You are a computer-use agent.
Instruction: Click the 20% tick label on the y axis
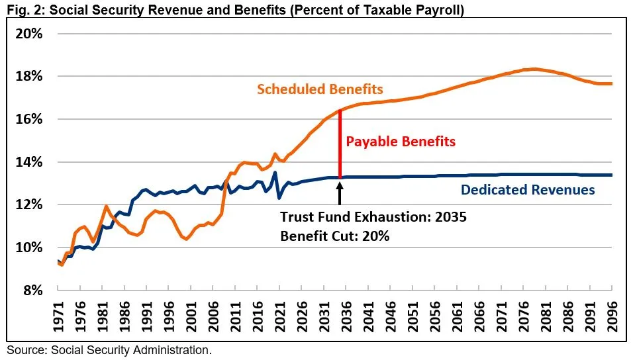click(28, 34)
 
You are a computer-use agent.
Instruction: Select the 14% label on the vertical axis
click(28, 162)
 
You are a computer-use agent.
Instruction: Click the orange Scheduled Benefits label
click(320, 89)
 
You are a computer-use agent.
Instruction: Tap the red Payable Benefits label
click(401, 142)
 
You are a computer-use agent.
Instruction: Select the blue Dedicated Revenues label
click(528, 190)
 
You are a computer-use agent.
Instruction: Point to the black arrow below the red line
click(340, 192)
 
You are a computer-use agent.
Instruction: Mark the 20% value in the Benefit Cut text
click(375, 235)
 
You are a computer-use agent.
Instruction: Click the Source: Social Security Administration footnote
click(109, 349)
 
